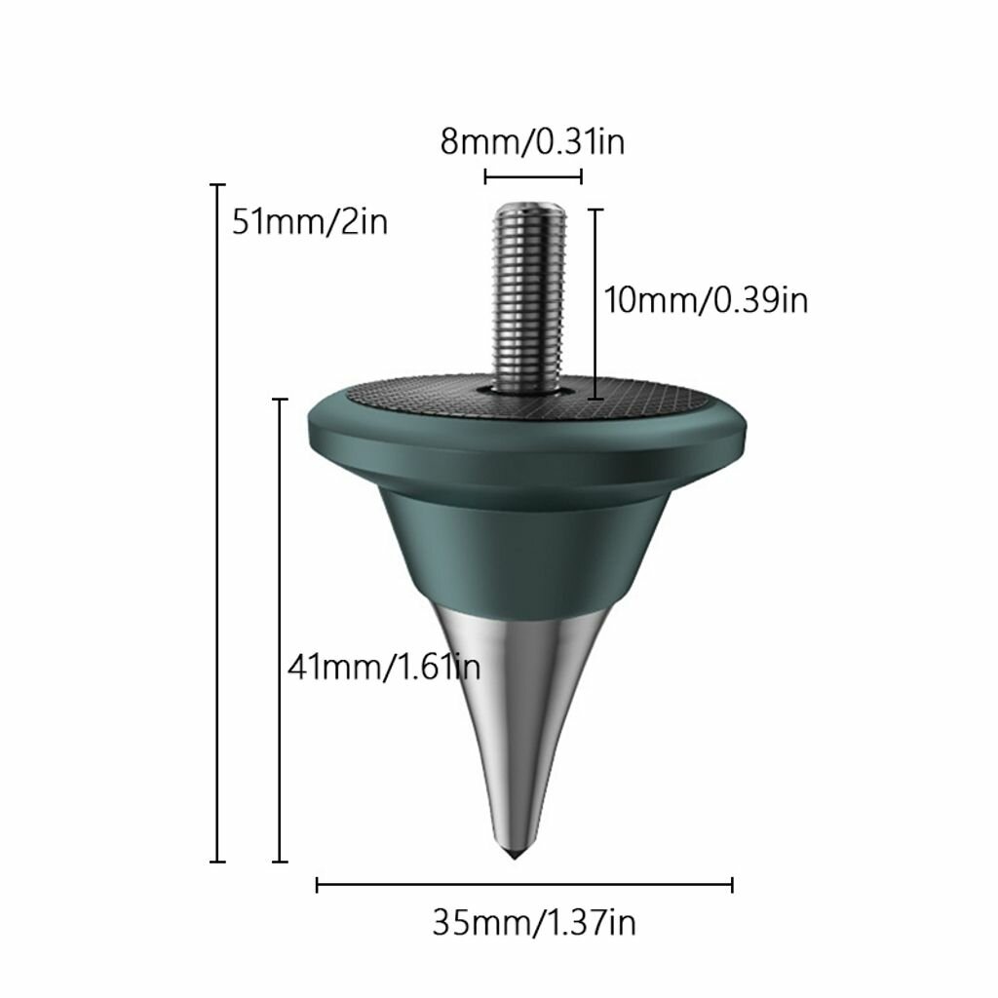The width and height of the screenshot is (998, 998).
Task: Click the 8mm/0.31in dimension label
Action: tap(532, 142)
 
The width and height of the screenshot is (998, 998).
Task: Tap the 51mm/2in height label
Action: tap(310, 222)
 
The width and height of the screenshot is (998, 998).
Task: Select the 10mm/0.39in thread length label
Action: tap(706, 300)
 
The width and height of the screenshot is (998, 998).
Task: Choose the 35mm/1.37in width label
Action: tap(534, 921)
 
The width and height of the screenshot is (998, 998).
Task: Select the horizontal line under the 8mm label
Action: tap(533, 176)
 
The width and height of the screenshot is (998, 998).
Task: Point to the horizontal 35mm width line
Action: tap(524, 884)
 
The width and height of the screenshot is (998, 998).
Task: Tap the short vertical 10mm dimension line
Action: tap(595, 303)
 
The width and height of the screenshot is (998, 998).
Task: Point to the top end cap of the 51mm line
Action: tap(218, 183)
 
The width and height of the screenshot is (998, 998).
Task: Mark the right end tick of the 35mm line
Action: tap(732, 884)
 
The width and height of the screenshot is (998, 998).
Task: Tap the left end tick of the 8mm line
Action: tap(485, 176)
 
